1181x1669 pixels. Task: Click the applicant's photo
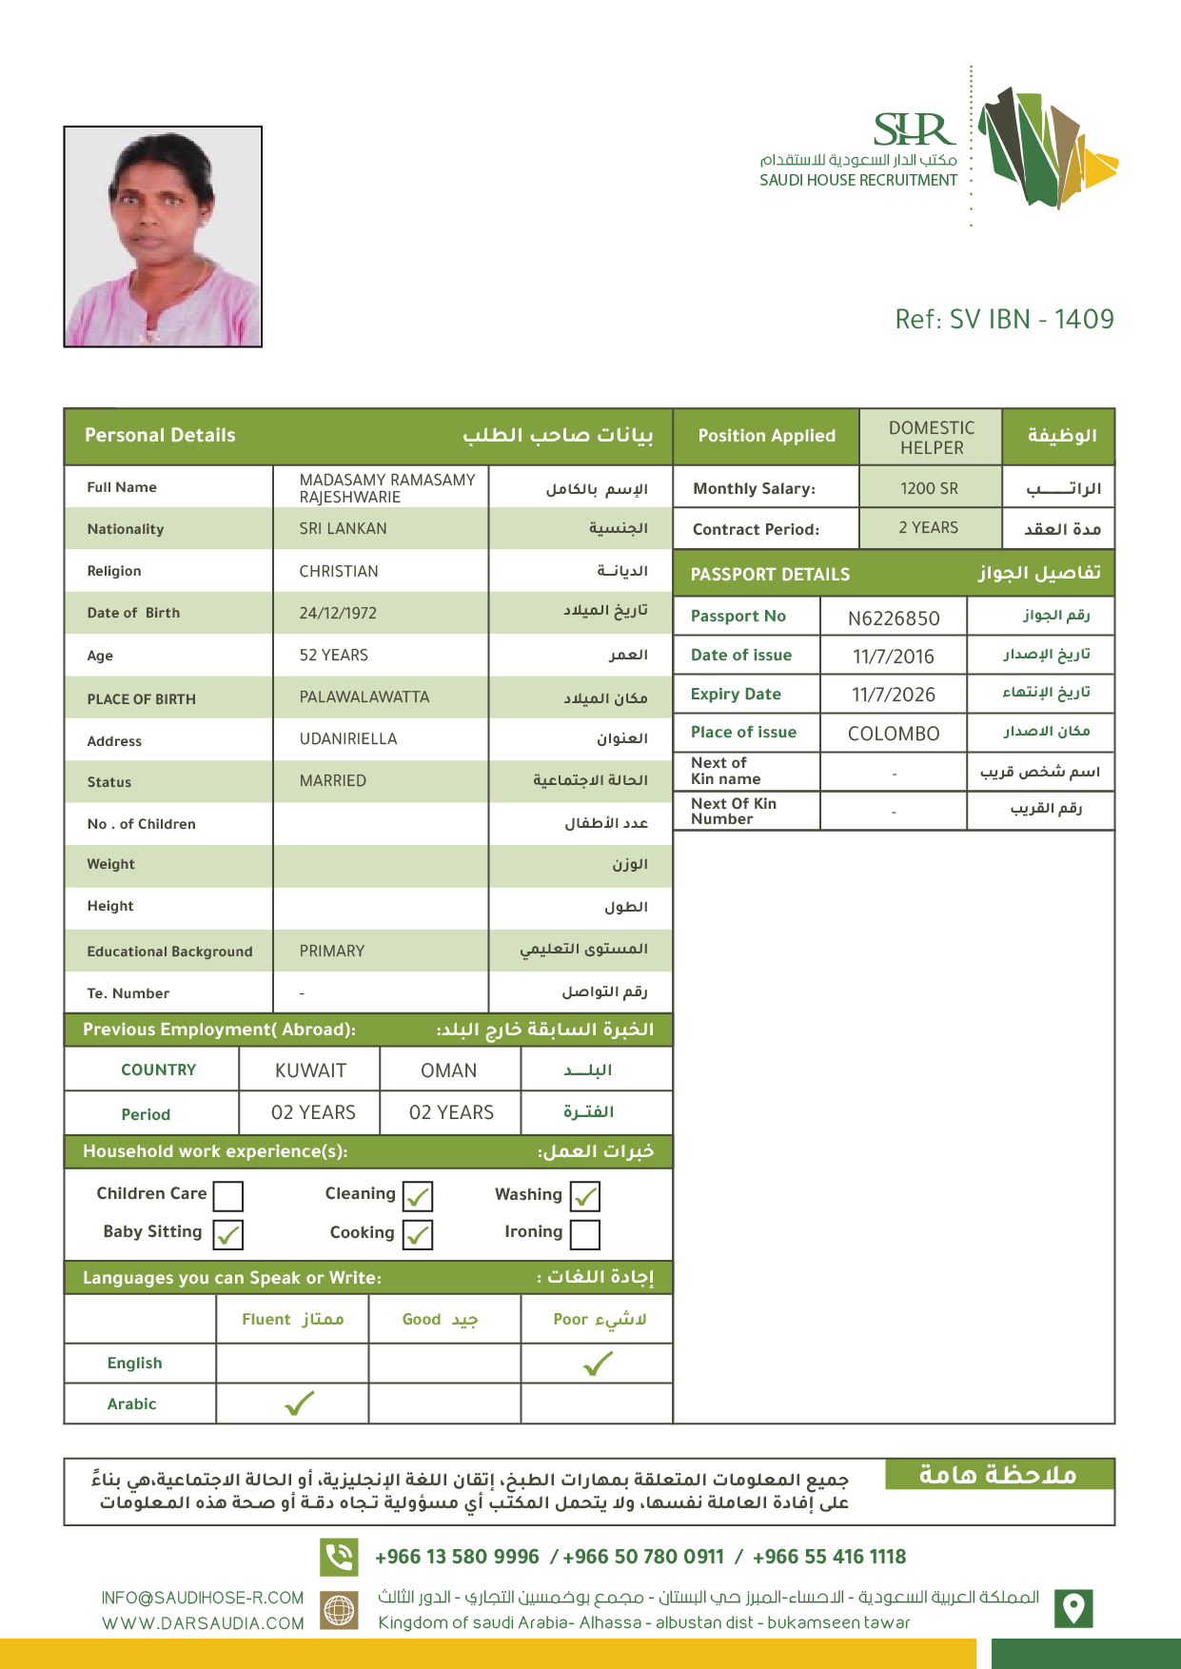click(163, 236)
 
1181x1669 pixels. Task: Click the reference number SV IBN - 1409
click(1004, 320)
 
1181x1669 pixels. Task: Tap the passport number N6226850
click(893, 619)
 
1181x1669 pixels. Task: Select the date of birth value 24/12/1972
click(338, 614)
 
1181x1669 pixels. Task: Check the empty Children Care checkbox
click(228, 1196)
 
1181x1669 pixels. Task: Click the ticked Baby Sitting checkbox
click(228, 1235)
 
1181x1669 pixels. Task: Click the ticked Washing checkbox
click(585, 1196)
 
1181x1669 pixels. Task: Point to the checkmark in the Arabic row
click(299, 1404)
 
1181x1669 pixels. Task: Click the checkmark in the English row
click(598, 1365)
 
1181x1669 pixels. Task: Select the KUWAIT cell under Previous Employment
click(310, 1070)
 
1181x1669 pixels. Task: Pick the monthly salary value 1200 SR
click(930, 489)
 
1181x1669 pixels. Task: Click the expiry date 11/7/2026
click(893, 695)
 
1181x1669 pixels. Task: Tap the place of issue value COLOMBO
click(893, 734)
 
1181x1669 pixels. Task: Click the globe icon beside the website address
click(339, 1610)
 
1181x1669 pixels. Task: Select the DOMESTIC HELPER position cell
click(932, 438)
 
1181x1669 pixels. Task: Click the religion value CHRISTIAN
click(339, 572)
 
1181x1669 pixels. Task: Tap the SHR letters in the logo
click(913, 130)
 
